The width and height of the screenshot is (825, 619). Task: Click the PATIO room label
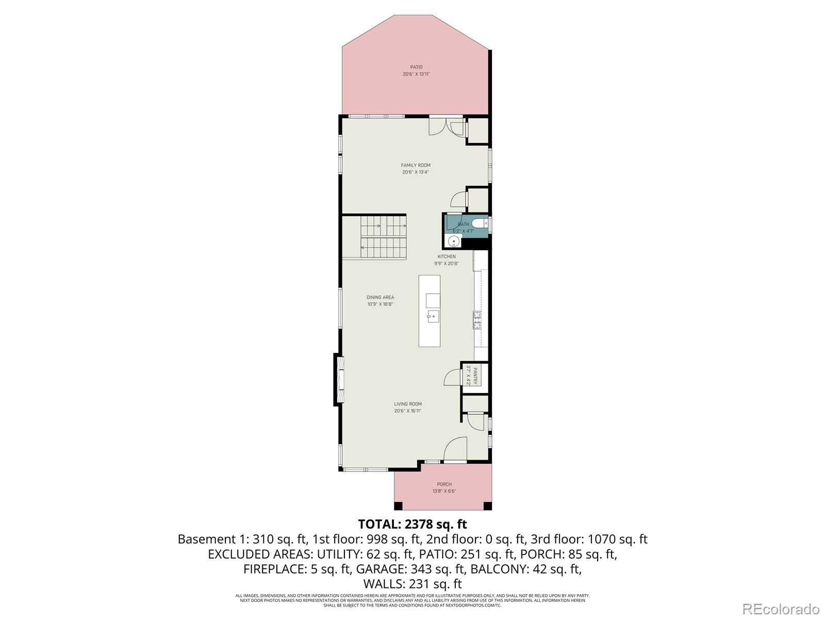coord(416,67)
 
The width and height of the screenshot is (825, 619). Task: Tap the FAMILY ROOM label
coord(416,165)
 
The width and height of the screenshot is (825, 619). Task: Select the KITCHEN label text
coord(447,256)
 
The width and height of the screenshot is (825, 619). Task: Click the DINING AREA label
coord(380,297)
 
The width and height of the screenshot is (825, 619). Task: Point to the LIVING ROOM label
coord(408,404)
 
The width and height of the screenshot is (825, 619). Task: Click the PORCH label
coord(444,484)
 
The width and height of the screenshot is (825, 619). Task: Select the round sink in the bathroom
coord(454,241)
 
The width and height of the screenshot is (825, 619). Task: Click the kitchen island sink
coord(432,315)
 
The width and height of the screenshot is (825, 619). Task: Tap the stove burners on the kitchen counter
coord(477,320)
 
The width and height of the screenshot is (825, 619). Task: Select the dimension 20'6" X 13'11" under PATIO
coord(416,74)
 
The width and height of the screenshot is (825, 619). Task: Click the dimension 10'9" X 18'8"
coord(380,304)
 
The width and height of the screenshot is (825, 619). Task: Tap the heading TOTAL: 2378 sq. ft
coord(412,524)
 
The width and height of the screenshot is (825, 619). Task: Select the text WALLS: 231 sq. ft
coord(412,584)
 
